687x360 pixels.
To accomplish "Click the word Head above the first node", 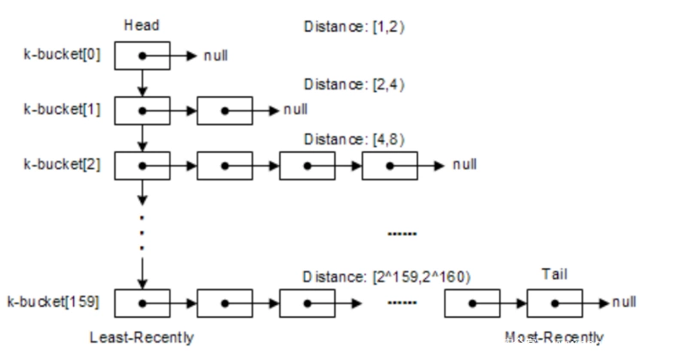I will [x=143, y=26].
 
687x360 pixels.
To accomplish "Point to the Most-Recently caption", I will [x=554, y=337].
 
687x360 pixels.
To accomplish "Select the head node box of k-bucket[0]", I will [x=143, y=57].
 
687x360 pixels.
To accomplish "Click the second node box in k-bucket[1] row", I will [x=224, y=111].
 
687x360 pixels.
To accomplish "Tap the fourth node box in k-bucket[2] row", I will [x=388, y=164].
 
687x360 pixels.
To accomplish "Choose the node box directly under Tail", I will [x=554, y=303].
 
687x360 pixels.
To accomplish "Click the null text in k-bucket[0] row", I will [x=215, y=58].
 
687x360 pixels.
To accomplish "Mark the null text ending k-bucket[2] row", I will [x=465, y=164].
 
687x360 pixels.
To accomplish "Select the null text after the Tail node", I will [x=623, y=303].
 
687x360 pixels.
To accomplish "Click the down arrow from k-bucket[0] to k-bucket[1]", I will [x=143, y=83].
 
